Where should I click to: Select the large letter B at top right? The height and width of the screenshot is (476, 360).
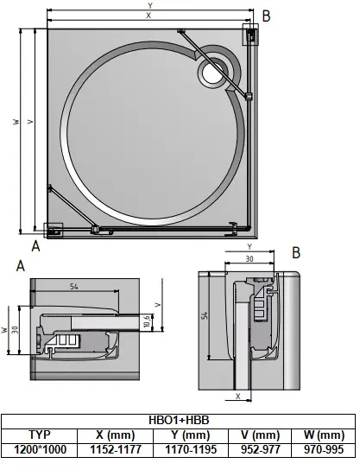pyautogui.click(x=266, y=15)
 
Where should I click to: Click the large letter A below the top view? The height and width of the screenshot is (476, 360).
pyautogui.click(x=35, y=245)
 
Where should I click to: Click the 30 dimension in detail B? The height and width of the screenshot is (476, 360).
pyautogui.click(x=248, y=258)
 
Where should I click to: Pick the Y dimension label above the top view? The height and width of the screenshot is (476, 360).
pyautogui.click(x=150, y=6)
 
